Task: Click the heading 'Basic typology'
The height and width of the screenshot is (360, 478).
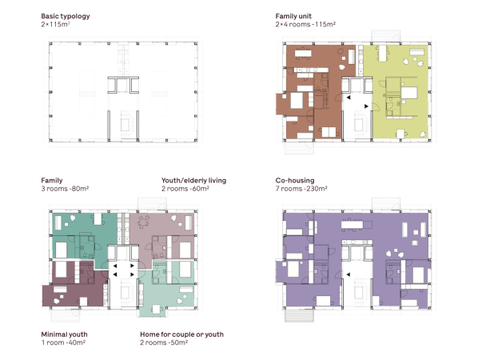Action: [x=66, y=16]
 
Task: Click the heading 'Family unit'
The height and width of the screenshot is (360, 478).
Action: [x=293, y=16]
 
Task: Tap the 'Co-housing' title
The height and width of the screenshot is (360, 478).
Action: [x=294, y=180]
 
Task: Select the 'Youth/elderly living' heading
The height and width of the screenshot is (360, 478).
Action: [x=193, y=181]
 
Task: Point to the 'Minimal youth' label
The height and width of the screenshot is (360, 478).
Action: [x=64, y=334]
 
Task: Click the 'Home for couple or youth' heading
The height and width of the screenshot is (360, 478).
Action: [x=181, y=334]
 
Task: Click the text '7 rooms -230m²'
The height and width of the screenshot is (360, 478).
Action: [x=301, y=189]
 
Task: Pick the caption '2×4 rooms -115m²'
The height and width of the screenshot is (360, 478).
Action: [x=305, y=24]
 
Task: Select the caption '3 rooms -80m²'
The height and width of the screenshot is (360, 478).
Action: [x=65, y=189]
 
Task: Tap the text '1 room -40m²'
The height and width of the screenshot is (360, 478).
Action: [x=63, y=342]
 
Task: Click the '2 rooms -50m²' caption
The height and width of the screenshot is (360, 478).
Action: [x=164, y=342]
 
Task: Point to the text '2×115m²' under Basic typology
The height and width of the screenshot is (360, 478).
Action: [x=55, y=24]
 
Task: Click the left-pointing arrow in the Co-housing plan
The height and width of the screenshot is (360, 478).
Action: [x=348, y=274]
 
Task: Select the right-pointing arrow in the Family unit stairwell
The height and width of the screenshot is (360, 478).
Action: [x=366, y=106]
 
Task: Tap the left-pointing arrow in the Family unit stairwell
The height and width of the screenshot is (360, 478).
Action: [x=349, y=98]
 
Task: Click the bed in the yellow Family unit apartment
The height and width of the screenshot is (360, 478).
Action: [x=409, y=93]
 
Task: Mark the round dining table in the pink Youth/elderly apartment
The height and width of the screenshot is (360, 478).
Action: [x=143, y=222]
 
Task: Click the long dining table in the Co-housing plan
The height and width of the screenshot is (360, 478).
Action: [x=352, y=225]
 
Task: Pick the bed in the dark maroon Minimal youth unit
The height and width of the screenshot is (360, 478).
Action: [x=61, y=270]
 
